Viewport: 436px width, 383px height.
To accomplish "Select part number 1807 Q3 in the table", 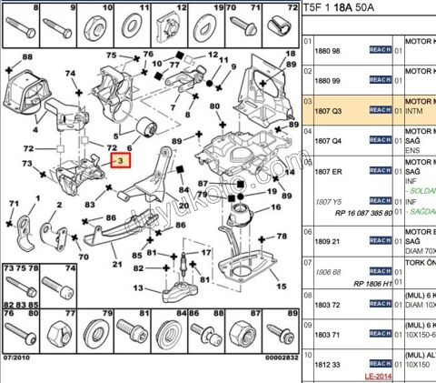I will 328,109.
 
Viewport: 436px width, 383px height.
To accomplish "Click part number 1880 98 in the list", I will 328,50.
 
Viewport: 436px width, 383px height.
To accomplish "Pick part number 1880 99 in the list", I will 328,80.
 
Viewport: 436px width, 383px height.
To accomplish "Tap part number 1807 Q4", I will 328,140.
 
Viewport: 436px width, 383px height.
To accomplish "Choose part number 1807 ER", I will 329,170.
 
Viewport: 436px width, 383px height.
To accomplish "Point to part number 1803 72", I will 328,305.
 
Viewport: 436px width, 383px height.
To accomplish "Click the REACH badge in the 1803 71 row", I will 380,335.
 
